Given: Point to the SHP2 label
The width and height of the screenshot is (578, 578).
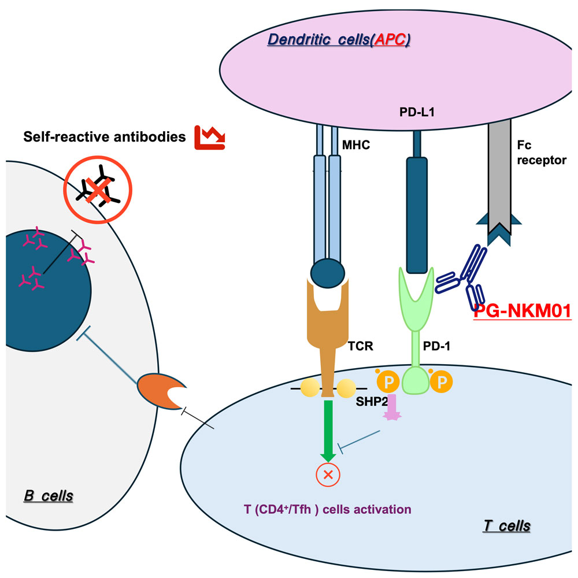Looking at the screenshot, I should coord(371,402).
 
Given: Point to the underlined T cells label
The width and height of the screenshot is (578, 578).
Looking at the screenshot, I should coord(506,526).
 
